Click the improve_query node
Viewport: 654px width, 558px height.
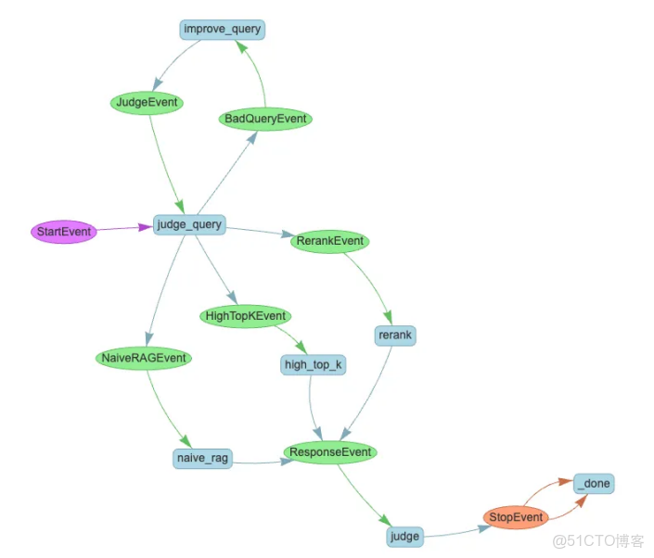[x=222, y=30]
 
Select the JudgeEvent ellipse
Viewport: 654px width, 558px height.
[x=147, y=102]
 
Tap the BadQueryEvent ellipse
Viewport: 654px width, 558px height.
[x=266, y=119]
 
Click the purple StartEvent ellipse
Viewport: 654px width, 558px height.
[x=64, y=231]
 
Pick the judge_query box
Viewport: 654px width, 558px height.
[x=189, y=224]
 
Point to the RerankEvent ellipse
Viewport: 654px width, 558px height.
[x=330, y=242]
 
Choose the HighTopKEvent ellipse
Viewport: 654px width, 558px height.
[x=245, y=316]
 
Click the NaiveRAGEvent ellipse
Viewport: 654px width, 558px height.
[x=143, y=358]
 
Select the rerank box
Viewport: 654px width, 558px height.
[x=395, y=335]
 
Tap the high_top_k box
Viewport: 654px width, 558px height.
[x=313, y=365]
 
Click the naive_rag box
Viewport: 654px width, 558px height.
[x=202, y=458]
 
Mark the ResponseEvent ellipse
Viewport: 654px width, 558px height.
[x=330, y=452]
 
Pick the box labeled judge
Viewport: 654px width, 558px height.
[x=404, y=536]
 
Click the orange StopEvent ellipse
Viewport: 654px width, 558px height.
[x=516, y=516]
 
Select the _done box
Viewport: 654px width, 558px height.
[x=594, y=484]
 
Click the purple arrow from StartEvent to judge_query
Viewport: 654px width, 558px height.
[x=124, y=227]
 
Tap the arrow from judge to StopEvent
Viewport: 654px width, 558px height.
[x=455, y=532]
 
